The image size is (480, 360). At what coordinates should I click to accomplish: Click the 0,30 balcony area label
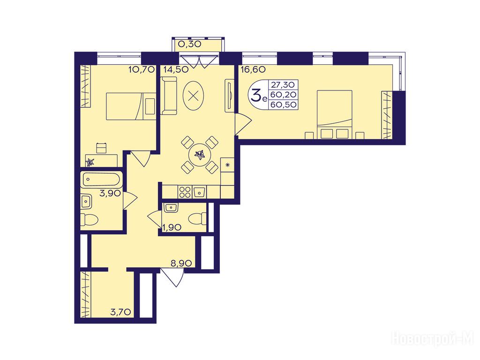click(189, 44)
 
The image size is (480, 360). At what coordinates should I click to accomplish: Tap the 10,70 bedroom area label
click(141, 69)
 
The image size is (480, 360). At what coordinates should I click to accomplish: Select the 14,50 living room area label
click(176, 69)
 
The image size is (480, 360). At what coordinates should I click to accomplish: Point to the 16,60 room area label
click(253, 69)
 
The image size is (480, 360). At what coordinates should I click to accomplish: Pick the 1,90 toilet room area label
click(172, 227)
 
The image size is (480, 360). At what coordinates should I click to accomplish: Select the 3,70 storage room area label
click(121, 312)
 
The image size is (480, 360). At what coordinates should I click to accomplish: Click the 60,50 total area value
click(284, 105)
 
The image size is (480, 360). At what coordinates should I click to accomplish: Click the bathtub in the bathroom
click(101, 180)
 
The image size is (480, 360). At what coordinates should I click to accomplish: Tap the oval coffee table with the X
click(193, 96)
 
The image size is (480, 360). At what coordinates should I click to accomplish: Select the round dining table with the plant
click(200, 155)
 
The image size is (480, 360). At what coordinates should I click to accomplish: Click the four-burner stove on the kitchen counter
click(185, 192)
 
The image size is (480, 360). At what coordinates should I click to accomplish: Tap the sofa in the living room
click(169, 96)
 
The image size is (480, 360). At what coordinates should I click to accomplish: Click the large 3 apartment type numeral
click(256, 95)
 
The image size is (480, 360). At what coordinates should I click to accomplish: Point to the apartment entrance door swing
click(172, 277)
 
